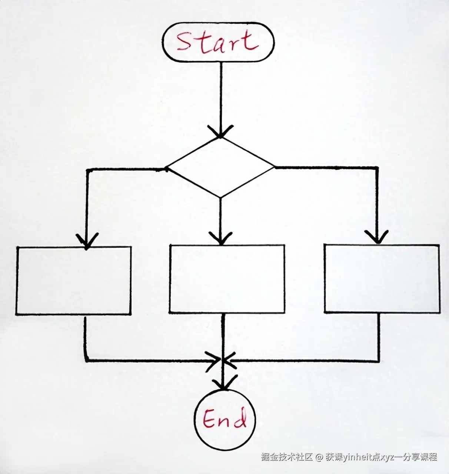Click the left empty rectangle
point(73,281)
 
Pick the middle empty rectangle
point(227,279)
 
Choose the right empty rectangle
point(382,278)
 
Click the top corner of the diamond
point(221,138)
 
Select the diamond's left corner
point(167,168)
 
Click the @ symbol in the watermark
point(319,457)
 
